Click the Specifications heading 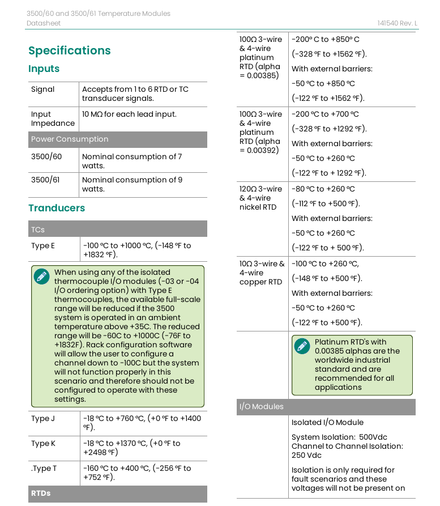[70, 50]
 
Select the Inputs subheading [44, 69]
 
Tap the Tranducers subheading [57, 208]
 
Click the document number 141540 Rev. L [398, 23]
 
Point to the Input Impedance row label [53, 118]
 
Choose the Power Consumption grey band [117, 139]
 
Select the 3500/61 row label [45, 180]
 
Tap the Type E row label [43, 245]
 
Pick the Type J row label [43, 418]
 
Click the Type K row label [43, 443]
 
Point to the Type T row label [44, 468]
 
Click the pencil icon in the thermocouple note [41, 277]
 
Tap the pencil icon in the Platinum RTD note [302, 346]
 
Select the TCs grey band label [38, 229]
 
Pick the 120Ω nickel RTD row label [260, 198]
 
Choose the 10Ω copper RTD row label [262, 273]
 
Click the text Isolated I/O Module [327, 422]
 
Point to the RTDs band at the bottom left [41, 494]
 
